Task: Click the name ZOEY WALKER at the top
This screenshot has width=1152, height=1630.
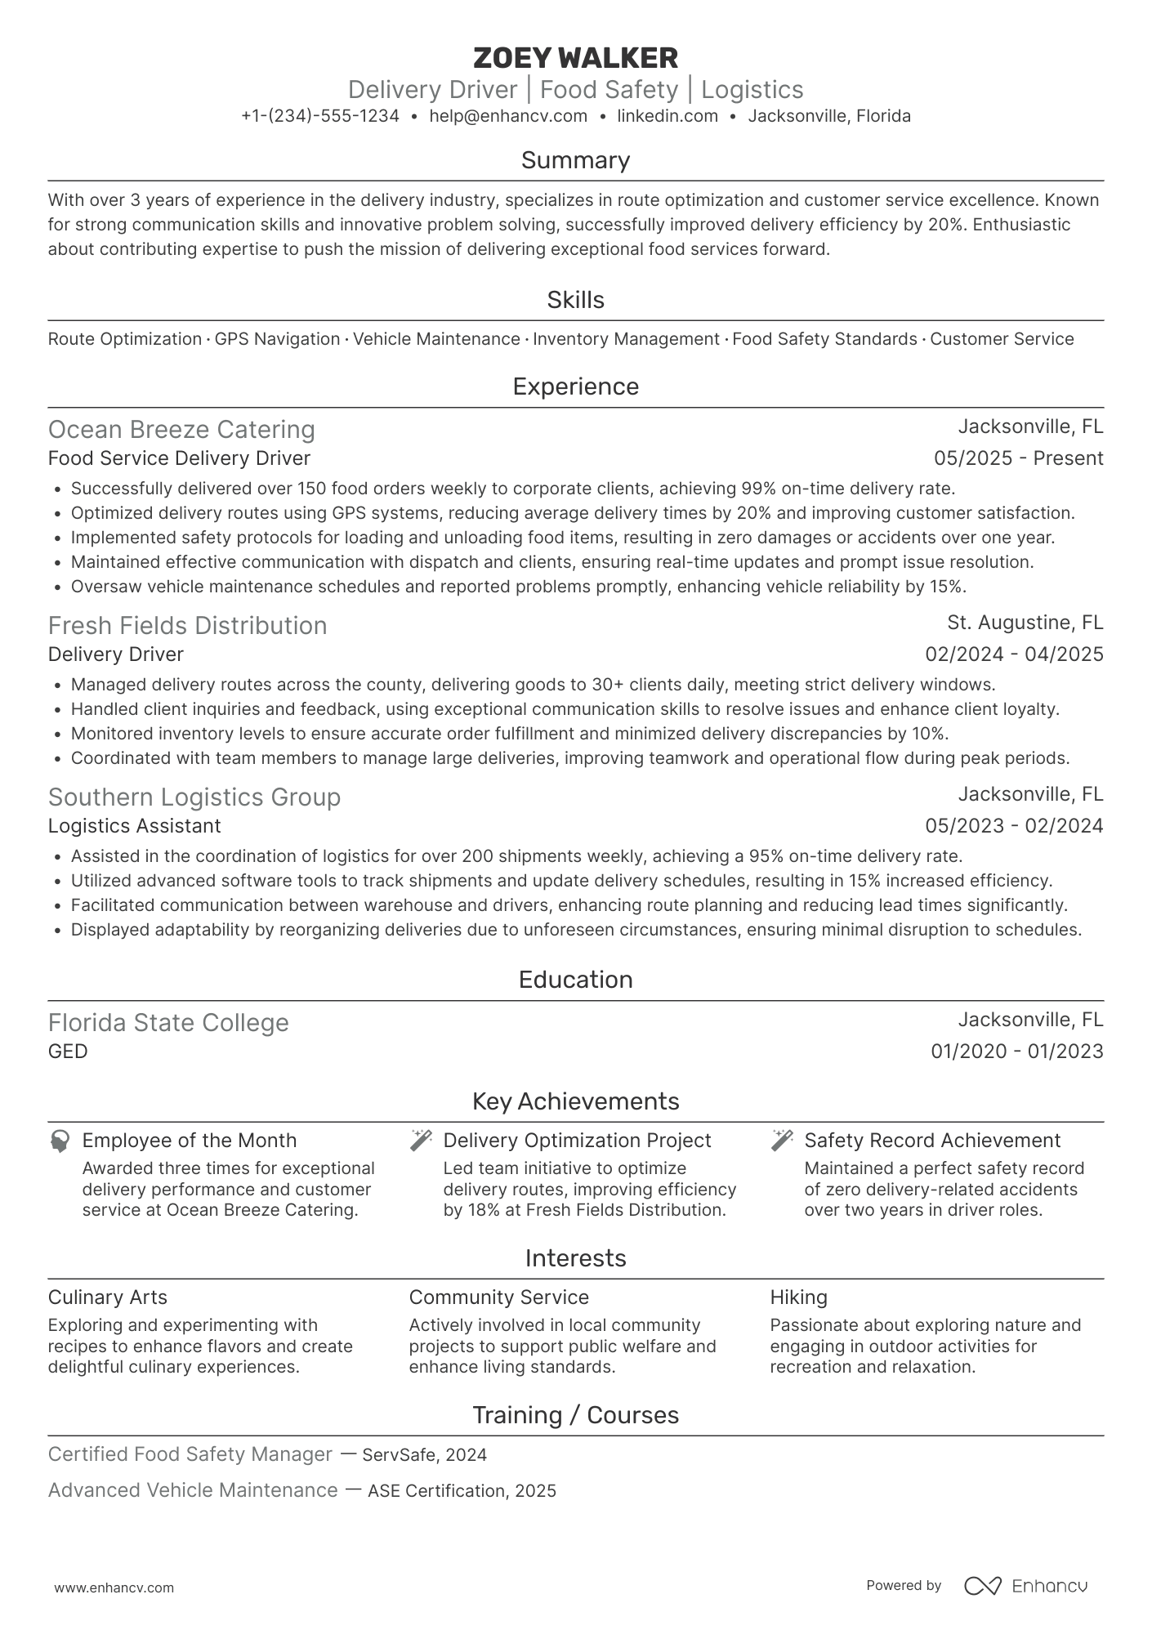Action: [575, 58]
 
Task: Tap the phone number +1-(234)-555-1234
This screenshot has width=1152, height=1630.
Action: [320, 116]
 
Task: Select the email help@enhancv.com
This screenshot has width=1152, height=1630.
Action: [508, 116]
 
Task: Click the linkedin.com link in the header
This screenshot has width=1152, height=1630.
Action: [668, 116]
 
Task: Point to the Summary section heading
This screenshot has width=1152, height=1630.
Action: [575, 160]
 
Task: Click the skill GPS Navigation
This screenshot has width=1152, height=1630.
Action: [277, 339]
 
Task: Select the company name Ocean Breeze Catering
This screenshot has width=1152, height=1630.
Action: [181, 430]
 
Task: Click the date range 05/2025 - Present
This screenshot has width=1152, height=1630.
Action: [1018, 458]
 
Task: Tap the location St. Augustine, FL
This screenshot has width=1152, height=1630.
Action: [1025, 623]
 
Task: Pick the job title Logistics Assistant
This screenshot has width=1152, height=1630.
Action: [134, 826]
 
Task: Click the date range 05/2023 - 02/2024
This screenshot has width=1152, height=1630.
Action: [1014, 826]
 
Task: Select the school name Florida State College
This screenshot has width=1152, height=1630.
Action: [168, 1023]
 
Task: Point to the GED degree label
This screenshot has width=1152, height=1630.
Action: [68, 1052]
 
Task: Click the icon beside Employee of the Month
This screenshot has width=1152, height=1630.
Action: [60, 1141]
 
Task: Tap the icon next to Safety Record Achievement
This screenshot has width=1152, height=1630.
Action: [782, 1141]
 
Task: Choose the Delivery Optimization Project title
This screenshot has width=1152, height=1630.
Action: [577, 1141]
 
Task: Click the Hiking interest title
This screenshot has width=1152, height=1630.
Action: [798, 1297]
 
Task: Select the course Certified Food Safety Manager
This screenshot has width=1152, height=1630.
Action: [190, 1454]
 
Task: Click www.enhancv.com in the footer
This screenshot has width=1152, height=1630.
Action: [114, 1588]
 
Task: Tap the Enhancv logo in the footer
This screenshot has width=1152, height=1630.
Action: [1025, 1586]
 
